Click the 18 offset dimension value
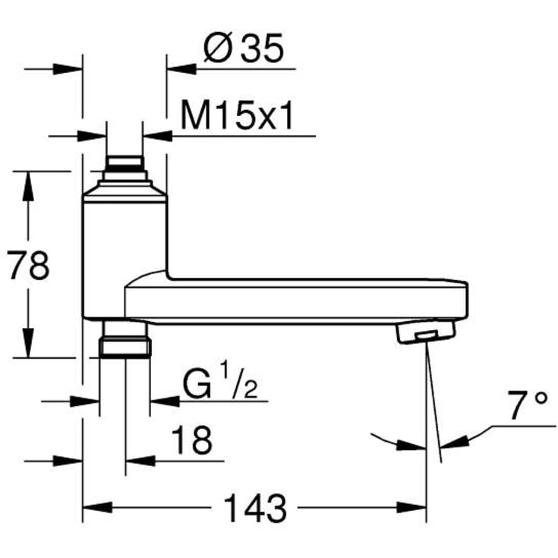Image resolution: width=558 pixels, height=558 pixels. [x=191, y=440]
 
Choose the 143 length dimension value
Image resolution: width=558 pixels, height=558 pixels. [x=254, y=506]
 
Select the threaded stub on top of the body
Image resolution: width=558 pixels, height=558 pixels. [x=124, y=167]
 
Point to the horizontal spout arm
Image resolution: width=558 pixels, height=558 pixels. [x=304, y=299]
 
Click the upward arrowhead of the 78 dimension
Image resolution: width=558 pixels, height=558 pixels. [x=27, y=183]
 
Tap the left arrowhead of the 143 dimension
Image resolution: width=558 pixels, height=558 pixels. [x=94, y=506]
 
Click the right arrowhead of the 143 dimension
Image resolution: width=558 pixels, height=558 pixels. [x=415, y=506]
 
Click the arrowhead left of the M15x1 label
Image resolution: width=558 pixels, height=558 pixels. [x=157, y=136]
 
